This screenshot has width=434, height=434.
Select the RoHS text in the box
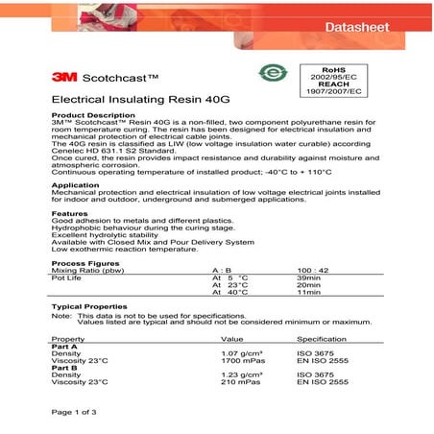point(332,70)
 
